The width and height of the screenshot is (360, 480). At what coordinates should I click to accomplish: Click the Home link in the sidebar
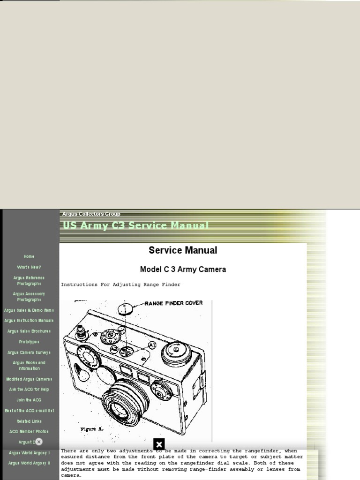pyautogui.click(x=29, y=256)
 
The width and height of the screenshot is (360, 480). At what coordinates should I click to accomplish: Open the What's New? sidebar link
pyautogui.click(x=29, y=267)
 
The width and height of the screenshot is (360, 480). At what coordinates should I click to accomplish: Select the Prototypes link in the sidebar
pyautogui.click(x=29, y=342)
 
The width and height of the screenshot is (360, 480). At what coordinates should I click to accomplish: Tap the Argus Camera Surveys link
pyautogui.click(x=29, y=352)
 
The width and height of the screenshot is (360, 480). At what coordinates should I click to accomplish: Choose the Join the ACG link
pyautogui.click(x=29, y=400)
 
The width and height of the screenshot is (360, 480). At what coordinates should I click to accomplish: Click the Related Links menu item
pyautogui.click(x=29, y=421)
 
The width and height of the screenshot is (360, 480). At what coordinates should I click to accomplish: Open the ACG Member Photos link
pyautogui.click(x=29, y=431)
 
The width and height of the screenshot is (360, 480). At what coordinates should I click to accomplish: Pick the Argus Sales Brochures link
pyautogui.click(x=29, y=331)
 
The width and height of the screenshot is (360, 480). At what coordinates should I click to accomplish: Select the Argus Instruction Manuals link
pyautogui.click(x=29, y=321)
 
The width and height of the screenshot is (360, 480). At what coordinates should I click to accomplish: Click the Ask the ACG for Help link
pyautogui.click(x=29, y=389)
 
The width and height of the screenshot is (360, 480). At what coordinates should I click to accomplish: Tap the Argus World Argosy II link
pyautogui.click(x=29, y=463)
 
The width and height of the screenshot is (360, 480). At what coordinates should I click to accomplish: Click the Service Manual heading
pyautogui.click(x=183, y=250)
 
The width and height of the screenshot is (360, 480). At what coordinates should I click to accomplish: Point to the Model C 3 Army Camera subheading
pyautogui.click(x=183, y=270)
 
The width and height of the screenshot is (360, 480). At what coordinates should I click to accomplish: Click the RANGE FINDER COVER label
pyautogui.click(x=173, y=303)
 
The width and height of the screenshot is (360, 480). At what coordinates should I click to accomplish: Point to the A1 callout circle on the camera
pyautogui.click(x=152, y=345)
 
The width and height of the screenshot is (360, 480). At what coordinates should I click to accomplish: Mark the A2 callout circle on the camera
pyautogui.click(x=114, y=348)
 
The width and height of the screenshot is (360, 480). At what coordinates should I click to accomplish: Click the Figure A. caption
pyautogui.click(x=92, y=429)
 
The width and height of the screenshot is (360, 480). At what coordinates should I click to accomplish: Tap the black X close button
pyautogui.click(x=159, y=444)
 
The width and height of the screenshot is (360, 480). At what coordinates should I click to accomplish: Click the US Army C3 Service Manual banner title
pyautogui.click(x=136, y=225)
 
